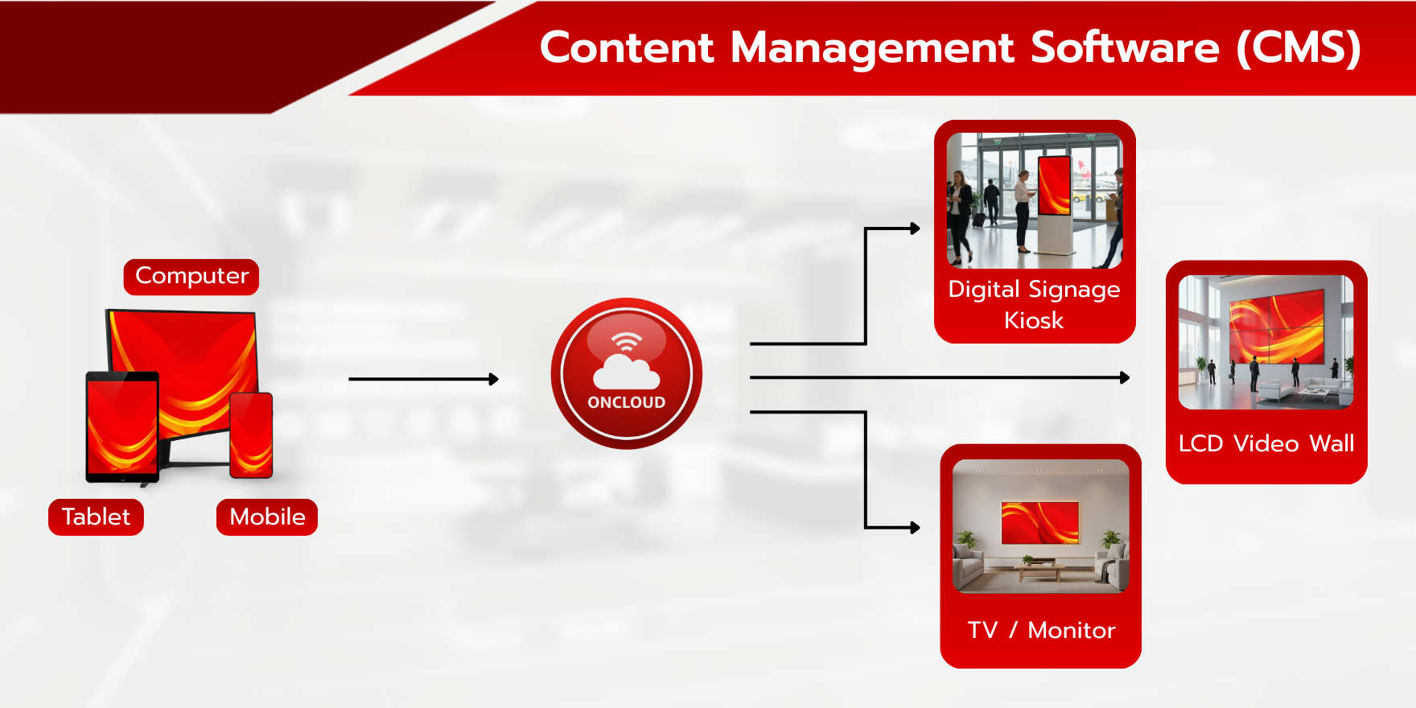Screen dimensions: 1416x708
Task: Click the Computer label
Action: (191, 276)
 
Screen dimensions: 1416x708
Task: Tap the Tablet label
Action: (96, 517)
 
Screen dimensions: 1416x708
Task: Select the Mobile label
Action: (267, 517)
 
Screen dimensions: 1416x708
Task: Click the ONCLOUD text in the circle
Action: (627, 402)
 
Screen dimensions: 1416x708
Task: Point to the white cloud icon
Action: (626, 373)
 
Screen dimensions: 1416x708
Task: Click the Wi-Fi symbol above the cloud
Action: (626, 342)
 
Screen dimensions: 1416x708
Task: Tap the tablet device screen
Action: (122, 426)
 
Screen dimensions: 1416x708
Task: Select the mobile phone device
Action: (251, 435)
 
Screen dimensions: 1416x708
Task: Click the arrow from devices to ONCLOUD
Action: (424, 379)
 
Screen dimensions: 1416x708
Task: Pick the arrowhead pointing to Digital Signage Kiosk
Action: (915, 228)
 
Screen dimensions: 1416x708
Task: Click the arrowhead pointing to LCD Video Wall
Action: (1125, 377)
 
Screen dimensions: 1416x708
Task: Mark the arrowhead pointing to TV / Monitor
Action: (915, 528)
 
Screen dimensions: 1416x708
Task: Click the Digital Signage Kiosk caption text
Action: (1034, 305)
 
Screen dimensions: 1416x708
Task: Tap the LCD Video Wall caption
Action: (1266, 443)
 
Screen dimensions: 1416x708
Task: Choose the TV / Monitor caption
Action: (1041, 630)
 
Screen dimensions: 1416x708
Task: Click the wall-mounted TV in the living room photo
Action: (1039, 523)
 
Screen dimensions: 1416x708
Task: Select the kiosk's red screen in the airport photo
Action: (1054, 185)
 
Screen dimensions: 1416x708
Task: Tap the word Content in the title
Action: (627, 47)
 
